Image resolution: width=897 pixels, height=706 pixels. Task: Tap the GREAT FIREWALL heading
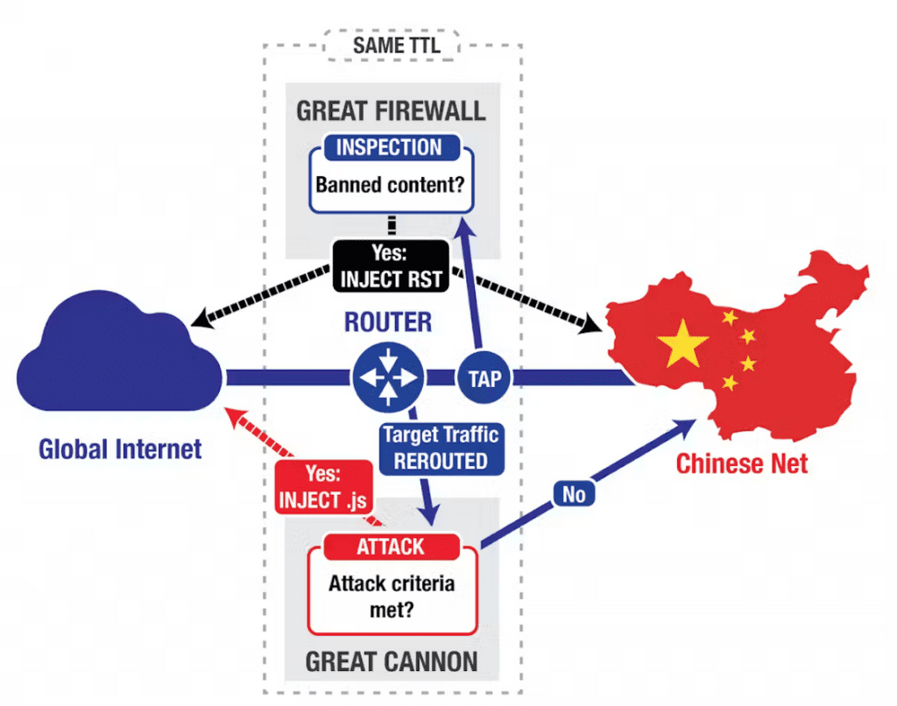pos(391,111)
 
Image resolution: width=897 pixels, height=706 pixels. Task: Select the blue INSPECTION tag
pos(390,147)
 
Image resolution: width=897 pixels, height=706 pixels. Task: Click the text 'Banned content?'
pos(391,185)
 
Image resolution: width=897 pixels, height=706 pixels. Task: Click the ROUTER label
pos(388,321)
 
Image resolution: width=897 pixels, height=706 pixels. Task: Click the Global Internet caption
pos(120,449)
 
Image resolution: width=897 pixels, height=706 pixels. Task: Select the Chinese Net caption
pos(741,463)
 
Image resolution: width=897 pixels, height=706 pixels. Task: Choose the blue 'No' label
pos(574,495)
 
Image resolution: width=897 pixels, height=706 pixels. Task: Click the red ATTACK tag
pos(391,547)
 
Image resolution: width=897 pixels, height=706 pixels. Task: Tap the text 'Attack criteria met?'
pos(392,596)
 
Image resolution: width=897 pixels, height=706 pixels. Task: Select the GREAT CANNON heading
pos(391,660)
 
